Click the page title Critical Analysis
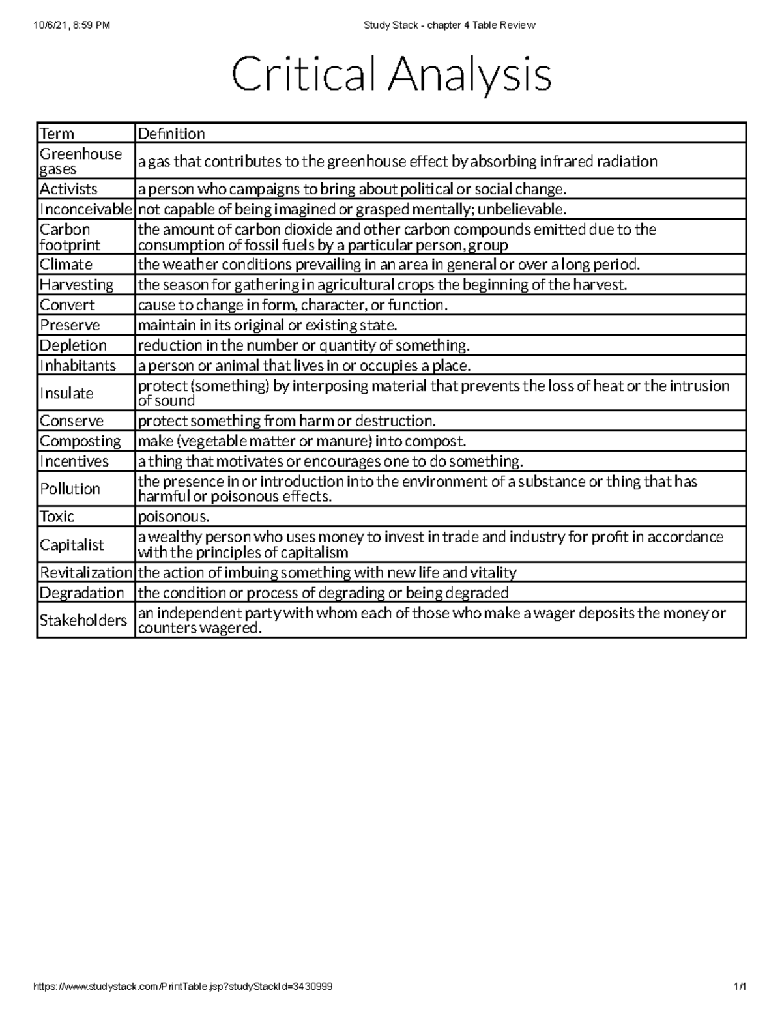pos(391,76)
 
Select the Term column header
pos(57,134)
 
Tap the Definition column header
pos(171,134)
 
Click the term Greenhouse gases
pos(81,162)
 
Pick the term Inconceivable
pos(85,209)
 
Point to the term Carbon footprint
pos(70,237)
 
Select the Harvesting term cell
pos(77,285)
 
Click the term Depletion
pos(73,345)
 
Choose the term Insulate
pos(66,393)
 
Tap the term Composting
pos(80,441)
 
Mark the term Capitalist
pos(72,545)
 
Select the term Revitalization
pos(85,573)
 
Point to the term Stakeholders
pos(83,620)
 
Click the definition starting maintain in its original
pos(267,325)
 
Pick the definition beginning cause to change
pos(293,305)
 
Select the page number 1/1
pos(740,987)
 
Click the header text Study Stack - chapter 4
pos(449,25)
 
